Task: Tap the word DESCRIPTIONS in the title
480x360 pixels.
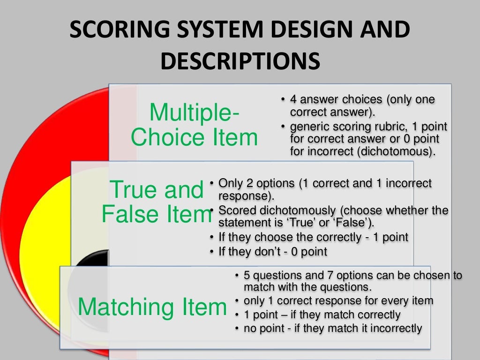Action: point(240,61)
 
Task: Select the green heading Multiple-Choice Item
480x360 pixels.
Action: point(194,125)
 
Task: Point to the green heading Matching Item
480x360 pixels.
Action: point(152,307)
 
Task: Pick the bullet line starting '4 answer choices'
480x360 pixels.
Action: point(362,100)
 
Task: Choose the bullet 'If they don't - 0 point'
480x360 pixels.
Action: point(273,252)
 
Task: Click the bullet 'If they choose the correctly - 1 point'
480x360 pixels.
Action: point(313,237)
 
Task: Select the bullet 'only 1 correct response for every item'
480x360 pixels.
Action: point(338,300)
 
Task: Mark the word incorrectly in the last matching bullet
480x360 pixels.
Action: point(396,328)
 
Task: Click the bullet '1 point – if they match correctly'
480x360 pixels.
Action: point(322,315)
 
